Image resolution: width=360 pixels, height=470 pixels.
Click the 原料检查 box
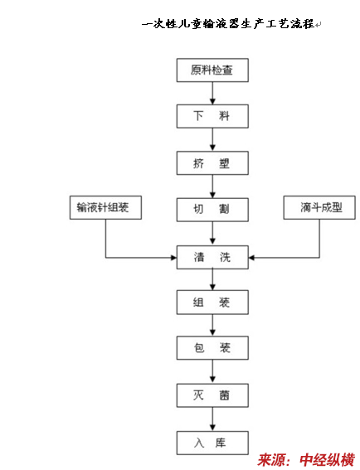pos(212,70)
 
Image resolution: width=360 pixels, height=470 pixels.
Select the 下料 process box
pos(212,116)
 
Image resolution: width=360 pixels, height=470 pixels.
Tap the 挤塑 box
pos(212,163)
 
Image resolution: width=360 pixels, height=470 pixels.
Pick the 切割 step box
pos(212,210)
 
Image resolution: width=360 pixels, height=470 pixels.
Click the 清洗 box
pos(212,257)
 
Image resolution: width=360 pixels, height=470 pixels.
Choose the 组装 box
pos(212,302)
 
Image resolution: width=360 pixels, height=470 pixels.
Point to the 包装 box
pos(212,347)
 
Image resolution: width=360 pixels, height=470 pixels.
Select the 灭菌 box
pos(212,395)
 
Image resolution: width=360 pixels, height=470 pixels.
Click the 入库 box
pos(212,443)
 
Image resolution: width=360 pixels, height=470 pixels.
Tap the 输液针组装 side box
pos(105,207)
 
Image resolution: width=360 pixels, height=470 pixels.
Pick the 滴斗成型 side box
pos(319,207)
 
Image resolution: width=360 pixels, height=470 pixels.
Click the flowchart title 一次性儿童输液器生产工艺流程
pos(228,24)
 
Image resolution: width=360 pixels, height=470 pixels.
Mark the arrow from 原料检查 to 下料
pos(212,93)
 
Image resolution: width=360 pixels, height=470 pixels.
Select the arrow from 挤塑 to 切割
pos(212,187)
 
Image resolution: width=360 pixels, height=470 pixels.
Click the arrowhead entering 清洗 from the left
pos(173,258)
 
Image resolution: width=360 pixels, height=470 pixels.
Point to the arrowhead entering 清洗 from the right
pos(251,258)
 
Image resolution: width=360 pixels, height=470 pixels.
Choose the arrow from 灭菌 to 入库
pos(212,419)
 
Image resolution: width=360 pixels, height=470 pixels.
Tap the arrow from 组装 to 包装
pos(212,325)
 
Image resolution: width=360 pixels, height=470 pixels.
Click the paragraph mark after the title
pos(318,24)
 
